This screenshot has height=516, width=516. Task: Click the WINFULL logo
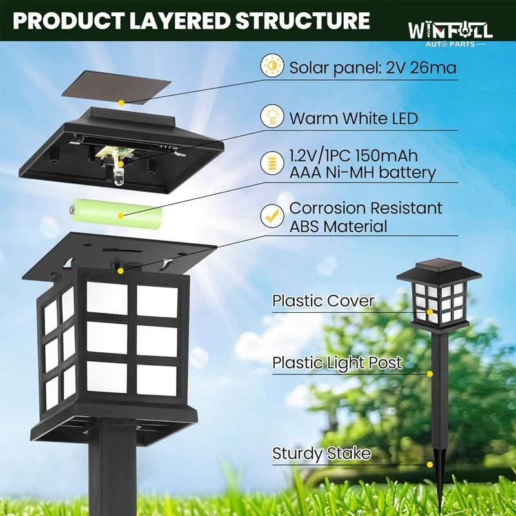(x=450, y=31)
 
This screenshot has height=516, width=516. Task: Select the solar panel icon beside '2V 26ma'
(x=272, y=66)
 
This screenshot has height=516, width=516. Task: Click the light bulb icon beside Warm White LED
(x=272, y=117)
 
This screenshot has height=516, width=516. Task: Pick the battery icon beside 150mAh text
(x=272, y=164)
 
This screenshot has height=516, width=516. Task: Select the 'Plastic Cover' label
(x=323, y=301)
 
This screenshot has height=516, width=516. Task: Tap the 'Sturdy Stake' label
(x=322, y=453)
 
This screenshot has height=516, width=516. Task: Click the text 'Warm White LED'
(x=353, y=119)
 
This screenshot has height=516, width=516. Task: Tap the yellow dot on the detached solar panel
(x=121, y=103)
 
